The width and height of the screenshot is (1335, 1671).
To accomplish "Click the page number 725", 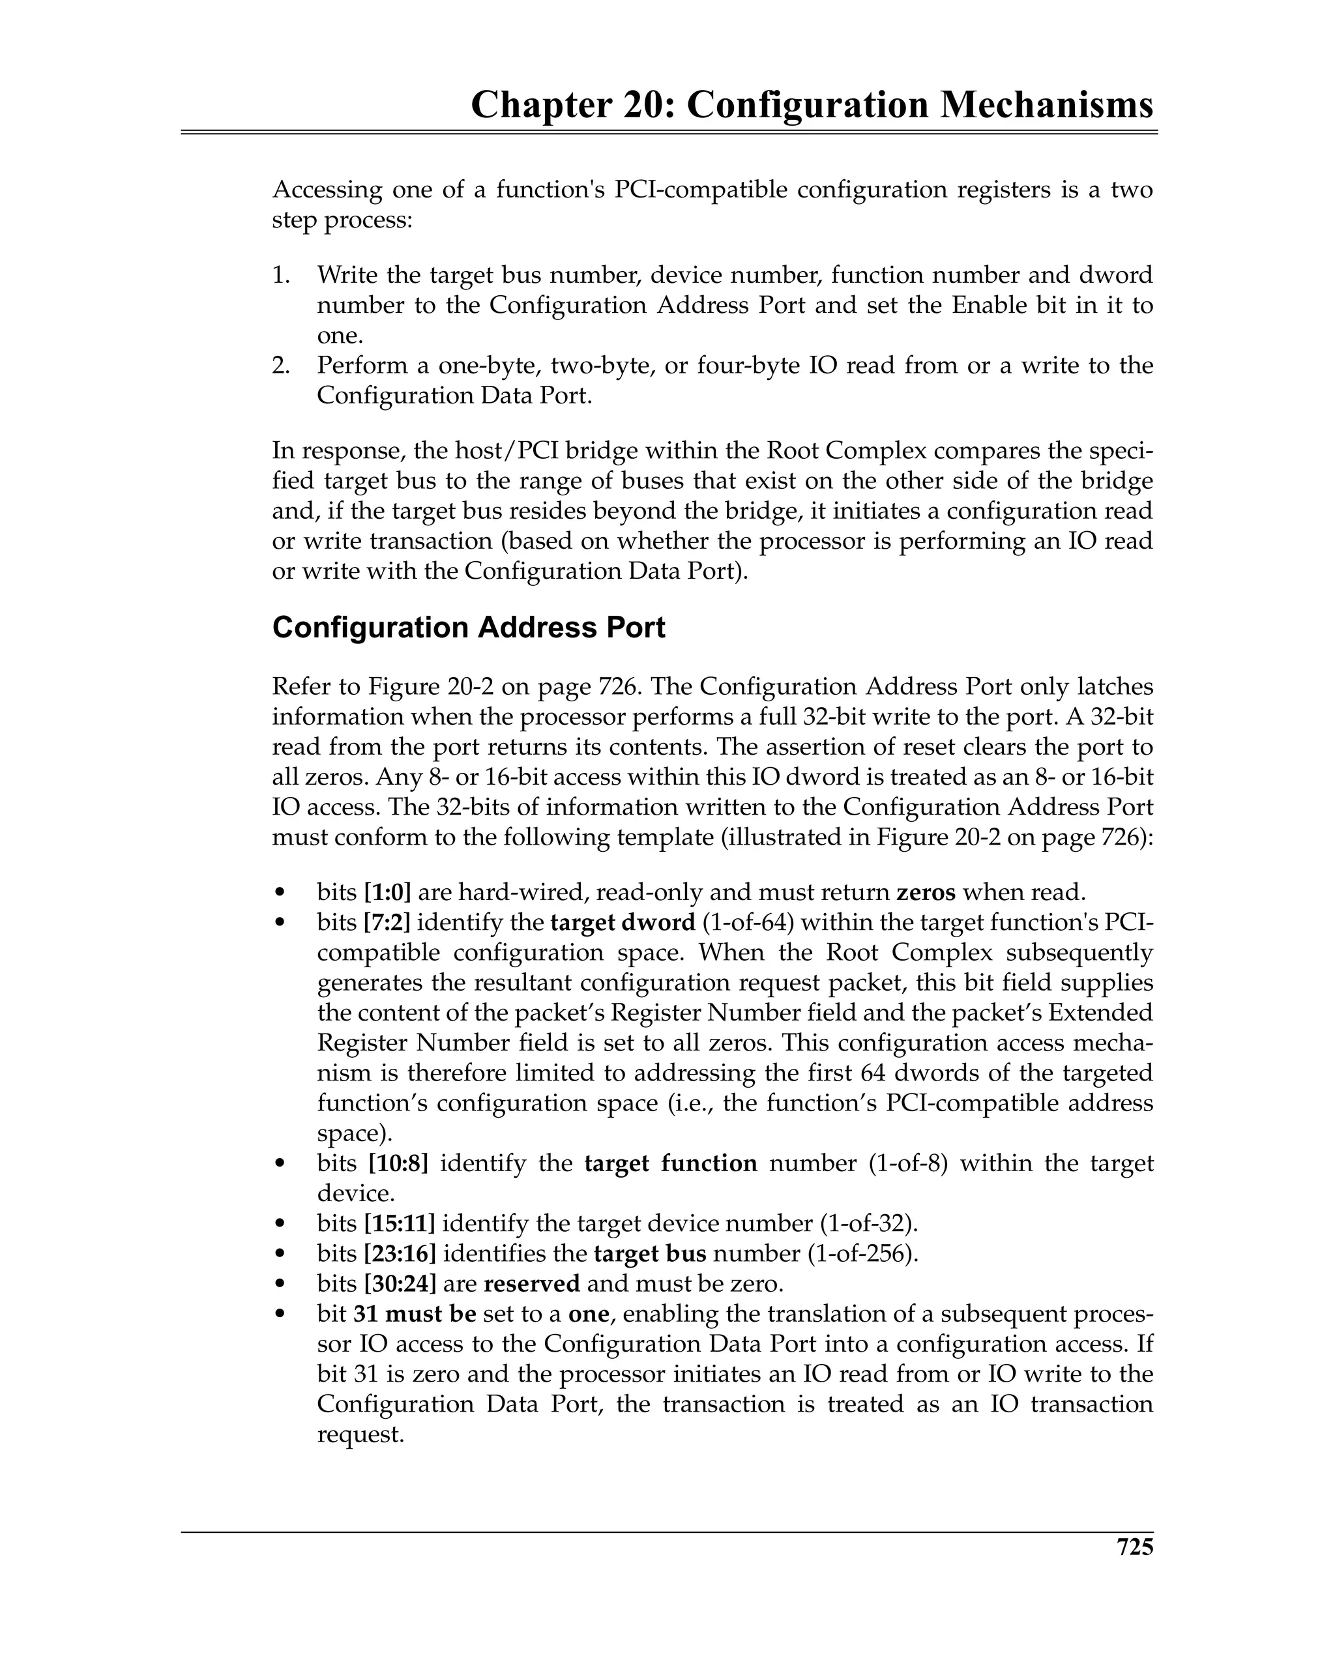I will [x=1134, y=1547].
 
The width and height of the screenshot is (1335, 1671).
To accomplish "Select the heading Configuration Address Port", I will [x=468, y=627].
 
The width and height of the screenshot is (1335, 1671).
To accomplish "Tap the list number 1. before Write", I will [x=281, y=275].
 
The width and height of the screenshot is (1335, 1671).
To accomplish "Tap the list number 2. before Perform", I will [x=281, y=365].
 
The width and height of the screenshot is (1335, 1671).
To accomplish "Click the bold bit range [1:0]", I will [x=387, y=892].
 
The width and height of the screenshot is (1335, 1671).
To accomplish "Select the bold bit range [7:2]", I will [x=387, y=922].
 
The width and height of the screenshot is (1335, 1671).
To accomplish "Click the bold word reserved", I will [x=531, y=1283].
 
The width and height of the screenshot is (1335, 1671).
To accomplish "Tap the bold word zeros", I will [x=926, y=892].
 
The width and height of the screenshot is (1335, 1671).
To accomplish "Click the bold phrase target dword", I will [x=623, y=922].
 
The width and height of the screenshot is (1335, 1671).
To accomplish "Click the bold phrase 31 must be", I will [x=415, y=1314].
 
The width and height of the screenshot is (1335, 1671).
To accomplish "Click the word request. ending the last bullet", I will [x=360, y=1434].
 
